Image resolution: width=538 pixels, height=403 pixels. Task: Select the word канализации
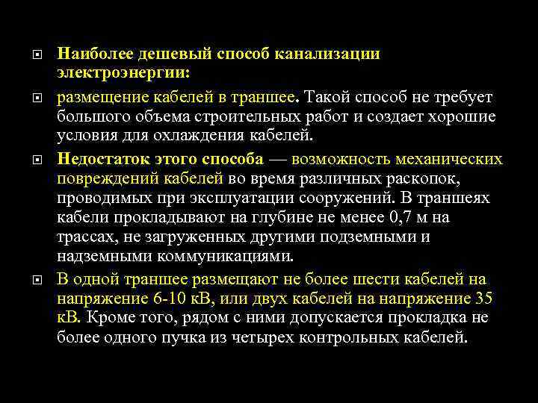[328, 54]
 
